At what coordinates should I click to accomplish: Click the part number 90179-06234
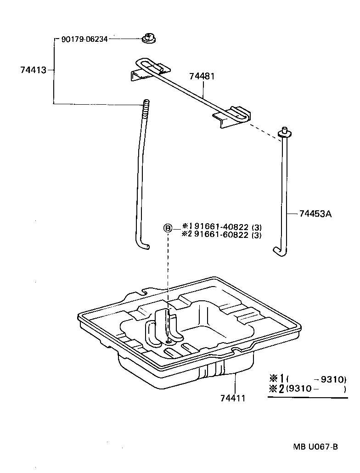[84, 39]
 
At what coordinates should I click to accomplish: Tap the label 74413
[33, 70]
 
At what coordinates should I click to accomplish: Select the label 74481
[202, 77]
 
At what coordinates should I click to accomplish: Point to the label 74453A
[315, 214]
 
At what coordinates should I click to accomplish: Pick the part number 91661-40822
[222, 226]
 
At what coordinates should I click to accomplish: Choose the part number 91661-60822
[222, 235]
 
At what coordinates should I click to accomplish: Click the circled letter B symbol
[168, 228]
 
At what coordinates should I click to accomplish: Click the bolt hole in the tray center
[169, 340]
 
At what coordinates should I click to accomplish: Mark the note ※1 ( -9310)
[308, 379]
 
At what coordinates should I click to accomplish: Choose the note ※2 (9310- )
[308, 389]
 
